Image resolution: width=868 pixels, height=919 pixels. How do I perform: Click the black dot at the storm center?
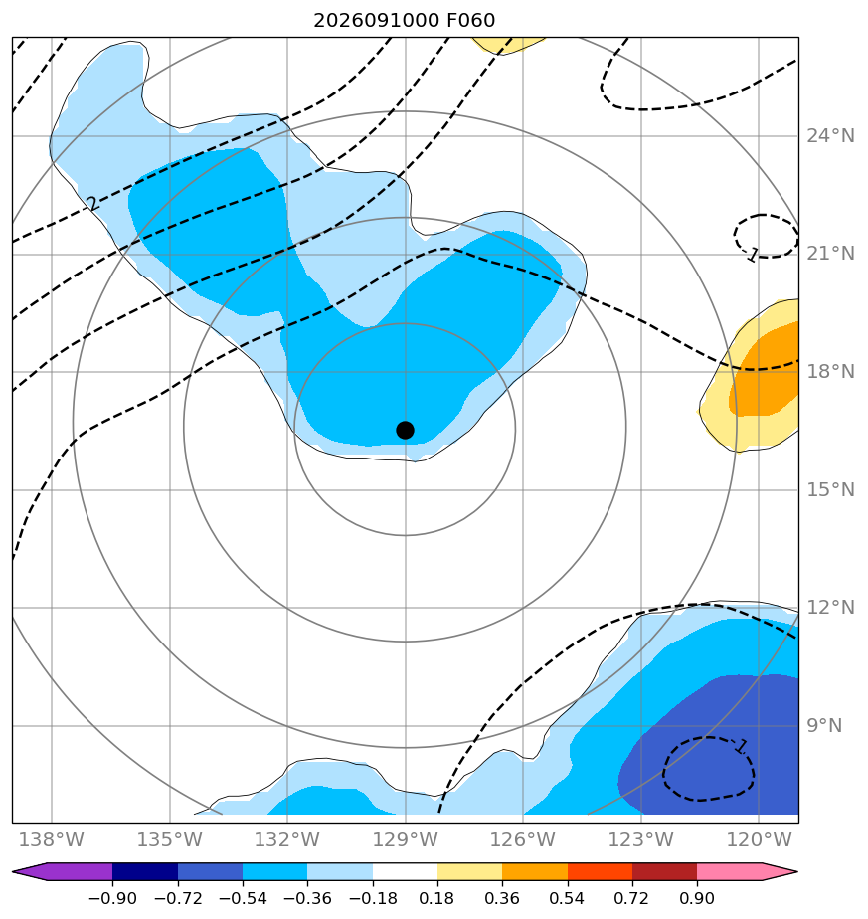[x=405, y=431]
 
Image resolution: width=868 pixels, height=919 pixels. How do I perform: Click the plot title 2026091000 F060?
[x=405, y=21]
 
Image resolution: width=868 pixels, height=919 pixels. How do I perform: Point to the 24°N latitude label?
[x=830, y=136]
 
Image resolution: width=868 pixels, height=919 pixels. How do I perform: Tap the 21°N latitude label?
[x=830, y=254]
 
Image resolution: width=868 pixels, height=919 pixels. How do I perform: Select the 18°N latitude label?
[x=830, y=372]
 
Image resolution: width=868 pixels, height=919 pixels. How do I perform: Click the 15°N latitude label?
[x=830, y=489]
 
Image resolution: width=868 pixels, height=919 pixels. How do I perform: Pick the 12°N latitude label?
[x=830, y=607]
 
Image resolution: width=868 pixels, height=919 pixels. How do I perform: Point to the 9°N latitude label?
[x=824, y=726]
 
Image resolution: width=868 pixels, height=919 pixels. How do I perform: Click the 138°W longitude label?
[x=52, y=840]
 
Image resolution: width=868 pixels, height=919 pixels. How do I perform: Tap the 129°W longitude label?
[x=405, y=840]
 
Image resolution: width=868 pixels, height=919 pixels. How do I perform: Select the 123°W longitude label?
[x=640, y=840]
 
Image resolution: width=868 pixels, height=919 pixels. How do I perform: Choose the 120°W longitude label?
[x=759, y=840]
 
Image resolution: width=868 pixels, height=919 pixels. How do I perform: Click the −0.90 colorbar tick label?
[x=112, y=898]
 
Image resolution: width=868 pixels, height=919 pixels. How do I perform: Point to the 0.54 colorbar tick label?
[x=568, y=898]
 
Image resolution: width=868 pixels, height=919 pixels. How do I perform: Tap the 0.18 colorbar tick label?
[x=437, y=898]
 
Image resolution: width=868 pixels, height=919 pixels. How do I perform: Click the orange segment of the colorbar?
[x=535, y=871]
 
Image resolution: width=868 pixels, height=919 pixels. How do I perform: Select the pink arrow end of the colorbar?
[x=748, y=871]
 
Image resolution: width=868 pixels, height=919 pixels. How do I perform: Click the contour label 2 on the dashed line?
[x=92, y=203]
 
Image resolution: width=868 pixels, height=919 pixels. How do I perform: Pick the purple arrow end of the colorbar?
[x=62, y=871]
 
